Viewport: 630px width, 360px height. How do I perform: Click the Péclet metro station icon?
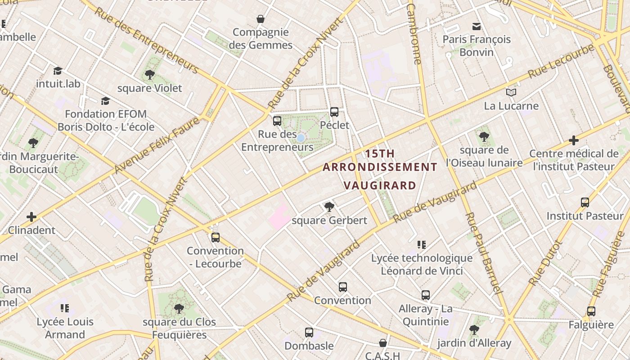pyautogui.click(x=334, y=112)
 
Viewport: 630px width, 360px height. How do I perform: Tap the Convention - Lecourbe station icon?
pyautogui.click(x=216, y=237)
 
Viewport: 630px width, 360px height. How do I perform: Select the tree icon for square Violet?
pyautogui.click(x=149, y=75)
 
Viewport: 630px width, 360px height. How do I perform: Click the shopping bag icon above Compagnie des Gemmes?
pyautogui.click(x=260, y=19)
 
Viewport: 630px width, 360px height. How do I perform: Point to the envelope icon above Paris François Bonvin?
pyautogui.click(x=476, y=26)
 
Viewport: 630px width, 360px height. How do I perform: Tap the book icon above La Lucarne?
pyautogui.click(x=511, y=92)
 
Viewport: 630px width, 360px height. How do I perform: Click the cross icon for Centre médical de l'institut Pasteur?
pyautogui.click(x=573, y=140)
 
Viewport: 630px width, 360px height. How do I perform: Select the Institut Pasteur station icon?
pyautogui.click(x=585, y=202)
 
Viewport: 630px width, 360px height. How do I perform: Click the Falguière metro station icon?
pyautogui.click(x=591, y=311)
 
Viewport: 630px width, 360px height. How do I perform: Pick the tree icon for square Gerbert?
pyautogui.click(x=329, y=207)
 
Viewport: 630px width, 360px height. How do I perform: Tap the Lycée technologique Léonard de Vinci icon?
pyautogui.click(x=421, y=245)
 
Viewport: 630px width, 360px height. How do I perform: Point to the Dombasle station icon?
pyautogui.click(x=309, y=333)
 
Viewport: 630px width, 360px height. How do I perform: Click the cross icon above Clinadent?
pyautogui.click(x=31, y=217)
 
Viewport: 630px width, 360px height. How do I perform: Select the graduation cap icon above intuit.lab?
pyautogui.click(x=58, y=71)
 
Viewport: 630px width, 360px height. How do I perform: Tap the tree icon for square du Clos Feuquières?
pyautogui.click(x=179, y=309)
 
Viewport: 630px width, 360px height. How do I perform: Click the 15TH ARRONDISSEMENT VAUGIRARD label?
pyautogui.click(x=380, y=169)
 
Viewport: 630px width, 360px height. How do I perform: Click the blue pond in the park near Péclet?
pyautogui.click(x=301, y=138)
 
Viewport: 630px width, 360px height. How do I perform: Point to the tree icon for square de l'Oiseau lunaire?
pyautogui.click(x=484, y=136)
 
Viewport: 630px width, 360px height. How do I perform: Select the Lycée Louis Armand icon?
pyautogui.click(x=64, y=308)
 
